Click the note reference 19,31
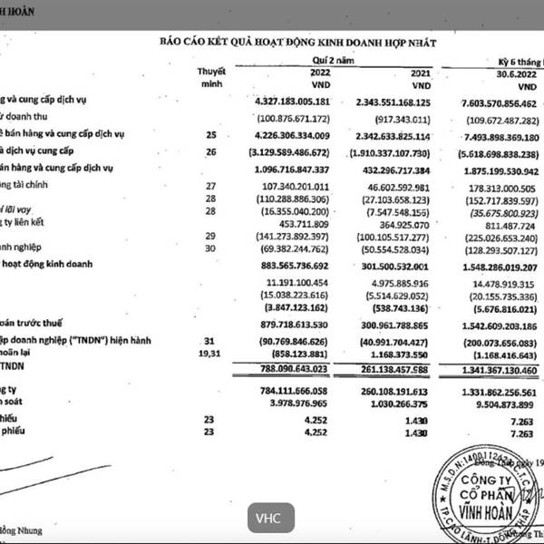pos(209,352)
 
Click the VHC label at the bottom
pos(268,519)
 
